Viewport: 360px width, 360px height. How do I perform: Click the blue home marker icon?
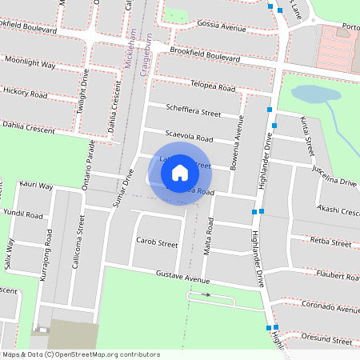point(180,172)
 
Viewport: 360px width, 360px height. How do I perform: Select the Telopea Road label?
point(213,86)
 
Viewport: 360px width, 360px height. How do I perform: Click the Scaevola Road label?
point(189,137)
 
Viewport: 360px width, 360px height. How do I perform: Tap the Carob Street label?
point(156,242)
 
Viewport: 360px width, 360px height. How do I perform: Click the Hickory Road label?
point(26,93)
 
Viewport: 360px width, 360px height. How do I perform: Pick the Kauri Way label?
point(36,186)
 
